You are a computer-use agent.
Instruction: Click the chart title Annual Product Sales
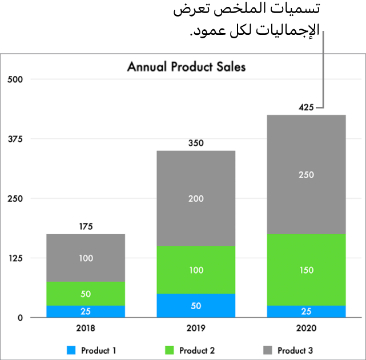coord(186,67)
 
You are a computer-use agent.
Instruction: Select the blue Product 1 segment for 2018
coord(86,311)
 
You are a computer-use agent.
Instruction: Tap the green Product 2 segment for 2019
coord(196,270)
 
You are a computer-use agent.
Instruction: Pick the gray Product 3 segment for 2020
coord(306,174)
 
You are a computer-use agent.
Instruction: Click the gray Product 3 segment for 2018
coord(86,258)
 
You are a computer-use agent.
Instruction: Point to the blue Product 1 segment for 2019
coord(196,305)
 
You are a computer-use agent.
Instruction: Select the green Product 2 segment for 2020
coord(306,270)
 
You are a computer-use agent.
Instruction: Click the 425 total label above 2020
coord(306,107)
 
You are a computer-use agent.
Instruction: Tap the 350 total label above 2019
coord(196,143)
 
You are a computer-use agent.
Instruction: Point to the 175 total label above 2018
coord(86,226)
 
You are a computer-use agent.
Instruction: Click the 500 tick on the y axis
coord(14,79)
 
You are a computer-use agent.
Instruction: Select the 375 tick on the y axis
coord(14,139)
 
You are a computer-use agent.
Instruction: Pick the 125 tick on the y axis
coord(14,258)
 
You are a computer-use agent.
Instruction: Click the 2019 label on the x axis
coord(196,329)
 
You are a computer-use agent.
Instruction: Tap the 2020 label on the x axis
coord(306,329)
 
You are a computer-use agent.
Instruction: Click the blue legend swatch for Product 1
coord(71,350)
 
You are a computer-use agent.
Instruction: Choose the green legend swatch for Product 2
coord(169,350)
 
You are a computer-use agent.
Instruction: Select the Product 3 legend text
coord(295,350)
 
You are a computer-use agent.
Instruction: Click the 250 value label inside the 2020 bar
coord(306,174)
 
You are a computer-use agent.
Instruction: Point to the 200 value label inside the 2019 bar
coord(196,198)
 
